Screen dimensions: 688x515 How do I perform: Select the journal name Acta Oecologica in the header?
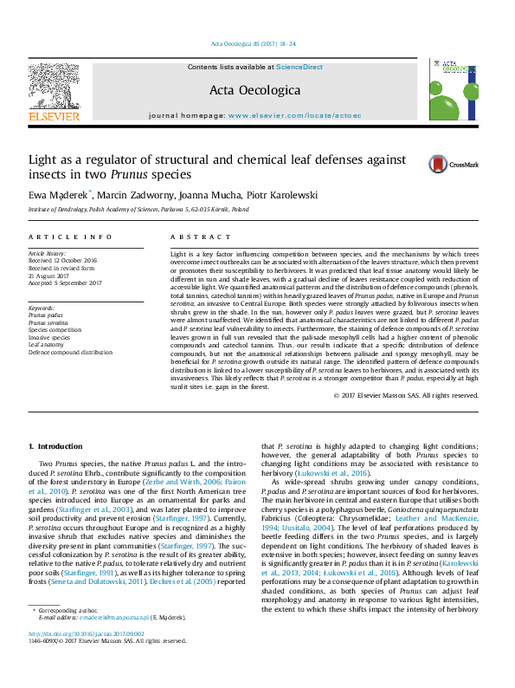(x=254, y=90)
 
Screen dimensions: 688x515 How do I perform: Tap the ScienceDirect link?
(x=299, y=67)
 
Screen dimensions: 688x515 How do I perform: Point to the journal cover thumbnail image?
(x=454, y=90)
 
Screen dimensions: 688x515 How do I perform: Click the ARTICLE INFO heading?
(x=70, y=237)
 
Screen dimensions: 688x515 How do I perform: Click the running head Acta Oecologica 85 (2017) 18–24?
(x=254, y=43)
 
